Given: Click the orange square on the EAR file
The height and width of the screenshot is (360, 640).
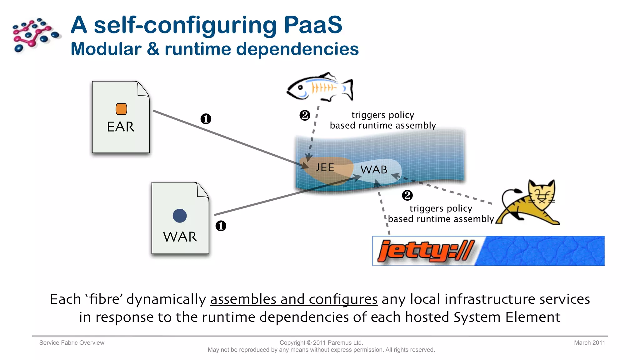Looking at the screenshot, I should coord(121,109).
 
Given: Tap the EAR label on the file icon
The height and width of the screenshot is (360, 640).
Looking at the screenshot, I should coord(121,127).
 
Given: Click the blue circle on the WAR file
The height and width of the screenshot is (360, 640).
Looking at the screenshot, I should coord(180,216).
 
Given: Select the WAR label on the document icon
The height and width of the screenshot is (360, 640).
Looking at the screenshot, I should coord(180,237).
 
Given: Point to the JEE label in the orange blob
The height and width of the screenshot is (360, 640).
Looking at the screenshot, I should coord(325,167).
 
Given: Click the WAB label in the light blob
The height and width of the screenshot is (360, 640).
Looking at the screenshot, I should coord(374,170).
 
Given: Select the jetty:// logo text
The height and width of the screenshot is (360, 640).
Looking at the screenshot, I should coord(426,251).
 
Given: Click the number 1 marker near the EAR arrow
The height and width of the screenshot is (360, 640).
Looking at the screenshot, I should coord(206,119).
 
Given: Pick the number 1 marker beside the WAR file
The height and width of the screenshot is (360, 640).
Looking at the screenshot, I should coord(221,226).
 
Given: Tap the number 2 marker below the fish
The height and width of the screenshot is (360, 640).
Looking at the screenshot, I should coord(305,115).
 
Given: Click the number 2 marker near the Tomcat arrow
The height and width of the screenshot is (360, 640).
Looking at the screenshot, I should coord(407,196).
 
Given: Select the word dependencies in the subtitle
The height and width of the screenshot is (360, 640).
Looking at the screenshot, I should coord(297,49).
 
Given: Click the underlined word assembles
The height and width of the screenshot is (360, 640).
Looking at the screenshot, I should coord(243,299).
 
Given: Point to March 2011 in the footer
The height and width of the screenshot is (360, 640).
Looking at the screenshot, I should coord(589,343).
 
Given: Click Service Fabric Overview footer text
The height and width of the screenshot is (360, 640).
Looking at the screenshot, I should coord(72,343).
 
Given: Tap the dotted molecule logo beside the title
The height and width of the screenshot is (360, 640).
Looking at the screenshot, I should coord(35,34).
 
